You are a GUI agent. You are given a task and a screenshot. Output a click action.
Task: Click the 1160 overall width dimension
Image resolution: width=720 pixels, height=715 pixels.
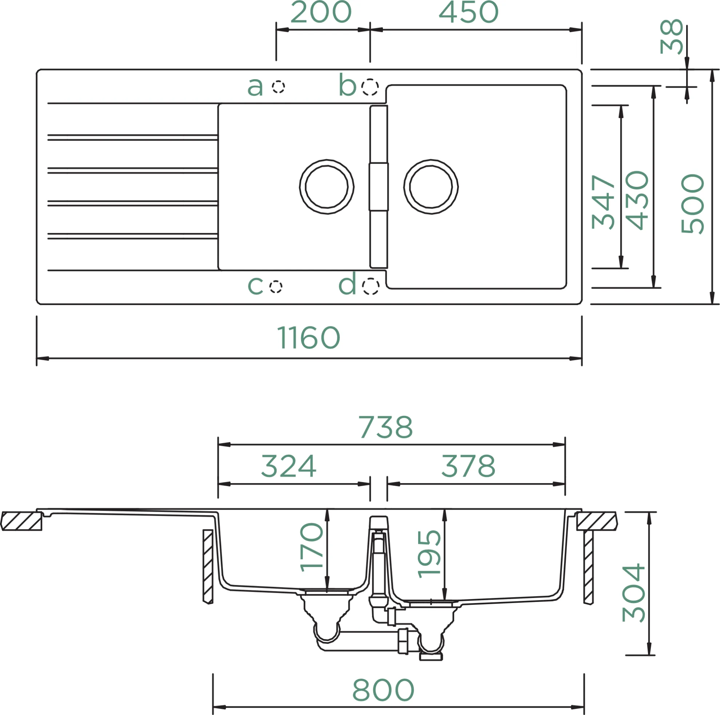(x=309, y=337)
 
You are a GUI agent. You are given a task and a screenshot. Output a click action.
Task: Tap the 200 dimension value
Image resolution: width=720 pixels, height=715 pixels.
(x=321, y=12)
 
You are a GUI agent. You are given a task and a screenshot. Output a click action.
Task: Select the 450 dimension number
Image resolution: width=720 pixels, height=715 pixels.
(x=468, y=12)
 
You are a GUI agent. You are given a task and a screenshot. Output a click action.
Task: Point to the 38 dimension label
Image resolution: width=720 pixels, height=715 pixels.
(x=672, y=36)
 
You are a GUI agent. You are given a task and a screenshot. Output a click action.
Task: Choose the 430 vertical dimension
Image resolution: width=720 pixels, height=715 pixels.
(x=637, y=200)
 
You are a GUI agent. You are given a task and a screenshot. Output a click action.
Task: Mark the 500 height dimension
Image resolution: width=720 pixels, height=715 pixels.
(x=692, y=204)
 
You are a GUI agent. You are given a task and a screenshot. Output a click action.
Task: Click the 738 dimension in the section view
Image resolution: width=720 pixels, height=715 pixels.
(x=386, y=427)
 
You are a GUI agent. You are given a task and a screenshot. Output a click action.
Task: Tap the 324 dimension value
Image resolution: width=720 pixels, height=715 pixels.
(x=289, y=466)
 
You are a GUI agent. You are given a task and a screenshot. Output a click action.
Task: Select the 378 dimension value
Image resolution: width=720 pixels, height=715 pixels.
(x=468, y=466)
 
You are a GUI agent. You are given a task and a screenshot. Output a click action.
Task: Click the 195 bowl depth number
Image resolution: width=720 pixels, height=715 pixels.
(x=429, y=554)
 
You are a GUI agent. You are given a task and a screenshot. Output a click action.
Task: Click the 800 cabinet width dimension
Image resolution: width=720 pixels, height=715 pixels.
(x=383, y=690)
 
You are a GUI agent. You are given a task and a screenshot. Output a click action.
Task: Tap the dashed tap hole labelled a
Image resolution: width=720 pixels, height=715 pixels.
(x=279, y=87)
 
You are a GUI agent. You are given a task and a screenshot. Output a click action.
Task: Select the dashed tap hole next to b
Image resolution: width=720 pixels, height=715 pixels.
(x=370, y=87)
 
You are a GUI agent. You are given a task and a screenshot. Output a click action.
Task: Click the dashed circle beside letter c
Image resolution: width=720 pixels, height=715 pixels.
(x=276, y=286)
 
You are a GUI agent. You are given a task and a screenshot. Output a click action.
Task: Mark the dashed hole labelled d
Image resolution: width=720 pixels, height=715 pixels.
(x=371, y=286)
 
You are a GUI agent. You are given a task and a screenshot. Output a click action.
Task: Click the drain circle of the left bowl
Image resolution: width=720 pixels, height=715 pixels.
(x=327, y=187)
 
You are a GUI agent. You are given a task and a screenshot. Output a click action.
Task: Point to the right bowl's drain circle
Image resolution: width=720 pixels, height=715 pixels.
(x=431, y=187)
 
